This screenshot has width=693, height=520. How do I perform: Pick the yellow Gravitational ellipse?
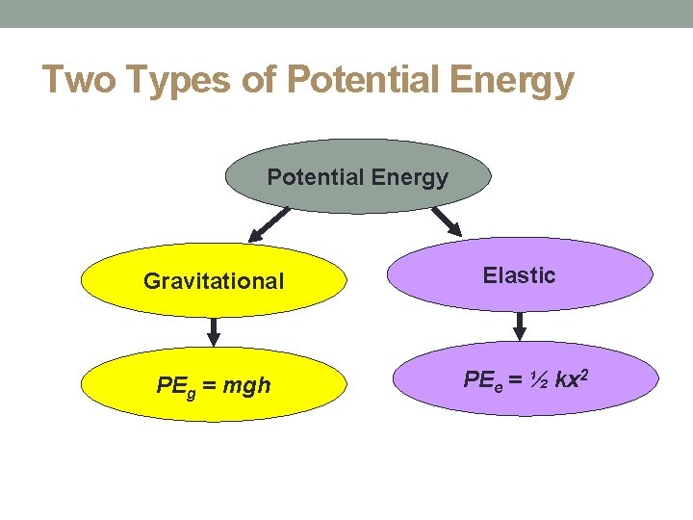[x=214, y=280]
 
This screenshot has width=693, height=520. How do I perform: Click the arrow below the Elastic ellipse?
[x=520, y=326]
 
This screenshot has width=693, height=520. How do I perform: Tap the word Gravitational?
[x=214, y=281]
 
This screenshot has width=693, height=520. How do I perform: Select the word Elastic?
[x=520, y=275]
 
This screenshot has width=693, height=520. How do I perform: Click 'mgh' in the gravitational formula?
[x=246, y=386]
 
